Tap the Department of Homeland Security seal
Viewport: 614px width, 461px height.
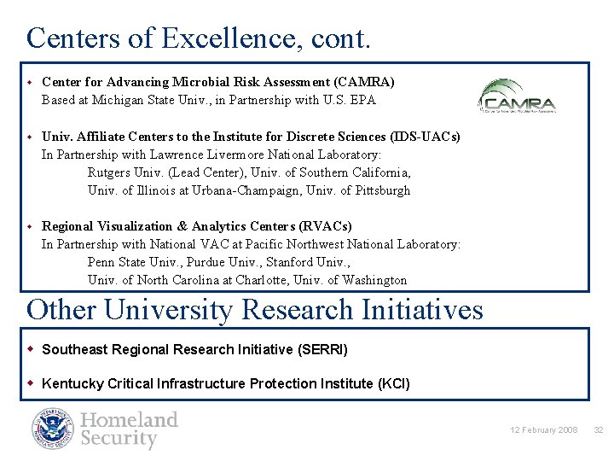click(x=54, y=429)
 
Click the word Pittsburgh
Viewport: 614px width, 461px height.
click(x=383, y=190)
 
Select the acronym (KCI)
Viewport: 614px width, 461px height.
click(x=393, y=383)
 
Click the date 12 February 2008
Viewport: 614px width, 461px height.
click(x=544, y=429)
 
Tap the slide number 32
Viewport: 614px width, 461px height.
click(x=598, y=429)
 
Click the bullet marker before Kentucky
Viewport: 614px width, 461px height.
click(x=32, y=383)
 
